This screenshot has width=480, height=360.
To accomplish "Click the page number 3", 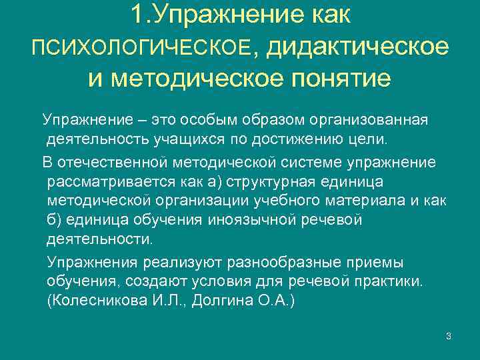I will (449, 335).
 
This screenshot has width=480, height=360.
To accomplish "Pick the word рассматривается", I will (99, 182).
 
